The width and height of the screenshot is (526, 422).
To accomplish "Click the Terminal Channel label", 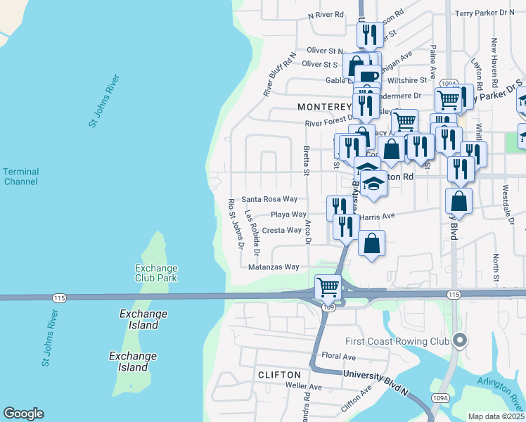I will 20,177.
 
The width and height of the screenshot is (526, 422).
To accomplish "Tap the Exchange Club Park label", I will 157,273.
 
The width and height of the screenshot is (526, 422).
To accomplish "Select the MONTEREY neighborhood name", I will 323,107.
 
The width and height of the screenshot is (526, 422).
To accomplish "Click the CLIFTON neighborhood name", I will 279,375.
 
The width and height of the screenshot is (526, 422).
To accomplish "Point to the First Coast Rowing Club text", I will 397,342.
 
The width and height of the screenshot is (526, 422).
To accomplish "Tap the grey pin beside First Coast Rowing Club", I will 460,340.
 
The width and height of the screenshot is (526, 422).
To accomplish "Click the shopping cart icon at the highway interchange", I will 328,287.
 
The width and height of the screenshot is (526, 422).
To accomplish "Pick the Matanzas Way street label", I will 274,267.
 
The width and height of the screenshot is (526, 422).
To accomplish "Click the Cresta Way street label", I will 281,230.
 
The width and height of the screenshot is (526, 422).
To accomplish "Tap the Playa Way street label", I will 288,215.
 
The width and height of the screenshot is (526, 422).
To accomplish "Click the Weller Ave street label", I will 304,387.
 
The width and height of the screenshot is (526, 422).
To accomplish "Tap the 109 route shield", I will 328,307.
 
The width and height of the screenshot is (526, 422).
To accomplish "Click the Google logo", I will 23,414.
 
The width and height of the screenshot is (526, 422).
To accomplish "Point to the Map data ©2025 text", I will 496,416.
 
